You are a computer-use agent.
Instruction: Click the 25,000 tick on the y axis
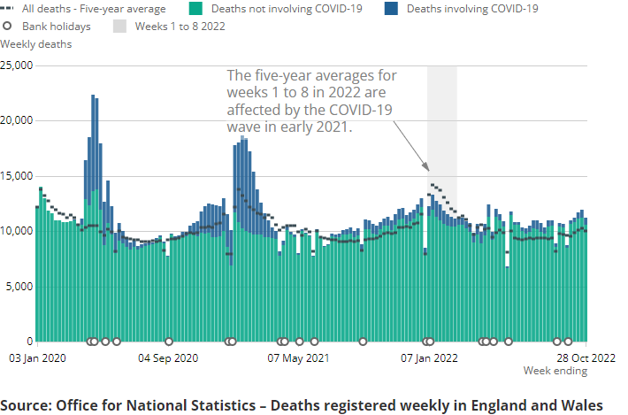(17, 65)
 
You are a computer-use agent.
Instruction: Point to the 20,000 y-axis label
(17, 120)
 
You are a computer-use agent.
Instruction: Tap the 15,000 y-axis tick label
(17, 176)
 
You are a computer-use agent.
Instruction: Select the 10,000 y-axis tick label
(17, 231)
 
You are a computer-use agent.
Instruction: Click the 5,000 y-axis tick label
(19, 287)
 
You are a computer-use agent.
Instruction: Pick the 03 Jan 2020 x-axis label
(37, 358)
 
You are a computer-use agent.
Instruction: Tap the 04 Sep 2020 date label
(169, 358)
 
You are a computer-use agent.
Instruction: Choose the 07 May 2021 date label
(300, 358)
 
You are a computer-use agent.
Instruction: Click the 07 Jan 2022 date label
(430, 358)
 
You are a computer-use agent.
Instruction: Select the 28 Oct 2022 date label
(586, 358)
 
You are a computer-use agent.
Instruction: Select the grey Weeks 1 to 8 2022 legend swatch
(120, 27)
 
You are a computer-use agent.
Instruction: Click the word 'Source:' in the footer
(26, 404)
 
